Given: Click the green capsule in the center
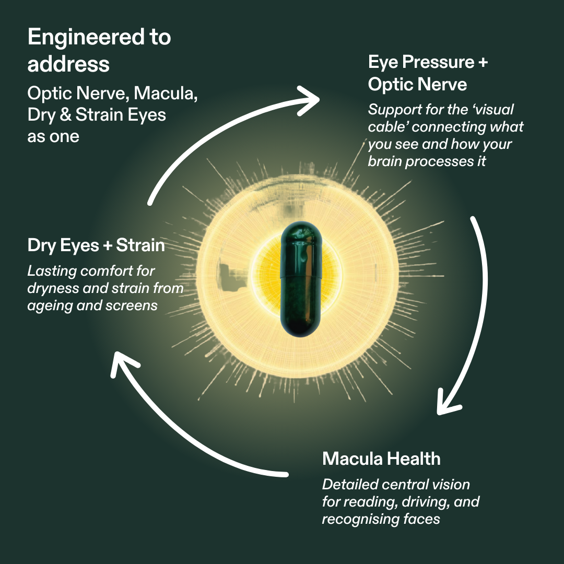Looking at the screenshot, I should [301, 279].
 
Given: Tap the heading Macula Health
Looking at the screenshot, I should [381, 459].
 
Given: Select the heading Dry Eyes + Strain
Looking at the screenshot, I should [96, 245].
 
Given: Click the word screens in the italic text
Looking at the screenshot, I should [133, 305].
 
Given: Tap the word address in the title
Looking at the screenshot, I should [68, 64].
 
